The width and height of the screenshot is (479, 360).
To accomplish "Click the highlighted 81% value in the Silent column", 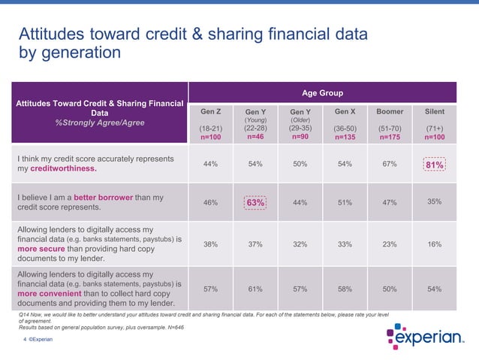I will click(x=435, y=165).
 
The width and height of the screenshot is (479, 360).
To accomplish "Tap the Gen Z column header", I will click(x=210, y=111).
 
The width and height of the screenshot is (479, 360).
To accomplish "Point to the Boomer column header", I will click(x=390, y=111).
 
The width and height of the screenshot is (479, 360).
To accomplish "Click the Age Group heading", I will click(x=322, y=93).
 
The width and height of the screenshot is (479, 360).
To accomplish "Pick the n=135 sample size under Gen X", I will click(x=345, y=138).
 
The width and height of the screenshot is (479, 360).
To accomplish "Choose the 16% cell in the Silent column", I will click(x=435, y=244).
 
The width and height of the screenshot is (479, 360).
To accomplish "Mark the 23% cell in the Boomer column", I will click(x=390, y=244).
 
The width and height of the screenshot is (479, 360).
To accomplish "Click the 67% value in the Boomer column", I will click(x=390, y=165).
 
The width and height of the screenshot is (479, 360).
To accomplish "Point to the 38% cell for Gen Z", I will click(x=210, y=244).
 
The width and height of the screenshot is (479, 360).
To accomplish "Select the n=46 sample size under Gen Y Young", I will click(x=255, y=138).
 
